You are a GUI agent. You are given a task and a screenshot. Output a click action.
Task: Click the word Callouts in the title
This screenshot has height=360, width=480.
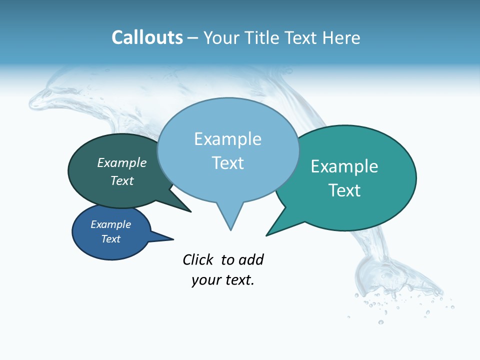tap(147, 37)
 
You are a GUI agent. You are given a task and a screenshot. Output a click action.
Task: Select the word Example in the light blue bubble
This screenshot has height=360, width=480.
tap(227, 139)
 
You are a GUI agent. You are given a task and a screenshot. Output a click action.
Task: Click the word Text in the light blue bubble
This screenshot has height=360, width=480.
tap(227, 163)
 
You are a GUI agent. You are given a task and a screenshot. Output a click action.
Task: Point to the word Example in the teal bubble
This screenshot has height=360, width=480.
tap(344, 166)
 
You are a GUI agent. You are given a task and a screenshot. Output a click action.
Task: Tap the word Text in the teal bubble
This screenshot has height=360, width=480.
tap(344, 190)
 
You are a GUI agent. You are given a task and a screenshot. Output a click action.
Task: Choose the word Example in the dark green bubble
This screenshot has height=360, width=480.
tap(122, 162)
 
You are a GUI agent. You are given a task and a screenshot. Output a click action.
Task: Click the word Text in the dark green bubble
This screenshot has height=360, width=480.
tap(122, 180)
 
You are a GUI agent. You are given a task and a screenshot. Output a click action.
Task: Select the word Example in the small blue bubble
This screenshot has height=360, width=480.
tap(111, 224)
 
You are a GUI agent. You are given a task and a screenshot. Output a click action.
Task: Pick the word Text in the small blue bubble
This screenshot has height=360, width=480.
tap(111, 239)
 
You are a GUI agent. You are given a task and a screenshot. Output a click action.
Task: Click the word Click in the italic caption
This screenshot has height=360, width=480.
tap(198, 259)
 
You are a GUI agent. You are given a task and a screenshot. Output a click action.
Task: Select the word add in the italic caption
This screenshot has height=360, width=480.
tap(251, 259)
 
